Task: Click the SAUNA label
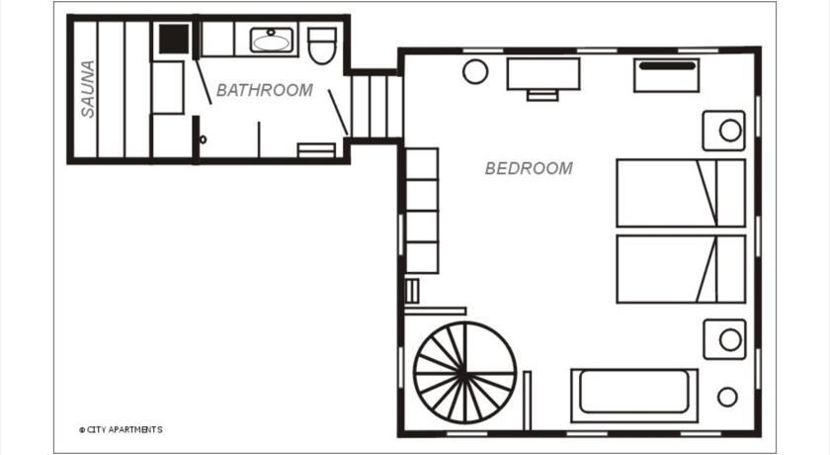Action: pyautogui.click(x=88, y=89)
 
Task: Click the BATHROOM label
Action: pyautogui.click(x=265, y=91)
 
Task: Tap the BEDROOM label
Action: pyautogui.click(x=529, y=168)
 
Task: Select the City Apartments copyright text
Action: pyautogui.click(x=121, y=429)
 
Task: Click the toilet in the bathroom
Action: pyautogui.click(x=322, y=45)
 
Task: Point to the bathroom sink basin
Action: pyautogui.click(x=271, y=41)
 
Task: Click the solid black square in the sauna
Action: pyautogui.click(x=174, y=39)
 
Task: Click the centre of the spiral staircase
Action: pyautogui.click(x=464, y=373)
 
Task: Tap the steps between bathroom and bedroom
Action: pyautogui.click(x=375, y=107)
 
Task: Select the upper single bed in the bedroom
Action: pyautogui.click(x=681, y=193)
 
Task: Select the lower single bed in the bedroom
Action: pyautogui.click(x=681, y=269)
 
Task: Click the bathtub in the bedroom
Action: pyautogui.click(x=634, y=396)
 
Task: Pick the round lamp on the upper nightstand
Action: pyautogui.click(x=730, y=131)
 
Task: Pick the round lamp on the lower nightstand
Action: pyautogui.click(x=730, y=340)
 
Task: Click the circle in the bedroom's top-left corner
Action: pyautogui.click(x=475, y=71)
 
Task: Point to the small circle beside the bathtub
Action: pyautogui.click(x=727, y=397)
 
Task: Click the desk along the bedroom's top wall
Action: pyautogui.click(x=543, y=74)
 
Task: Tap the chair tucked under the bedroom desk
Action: pyautogui.click(x=542, y=95)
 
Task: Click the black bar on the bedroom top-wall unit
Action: pyautogui.click(x=667, y=66)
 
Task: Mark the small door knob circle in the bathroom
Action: pyautogui.click(x=203, y=139)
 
